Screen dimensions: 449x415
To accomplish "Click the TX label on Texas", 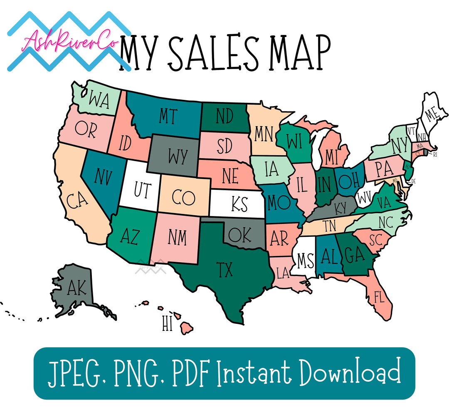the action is [x=224, y=270].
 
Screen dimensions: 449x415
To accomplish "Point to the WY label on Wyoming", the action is [x=178, y=157].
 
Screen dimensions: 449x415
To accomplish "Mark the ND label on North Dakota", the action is [x=224, y=118].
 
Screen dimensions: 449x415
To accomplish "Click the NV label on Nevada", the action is [x=101, y=177].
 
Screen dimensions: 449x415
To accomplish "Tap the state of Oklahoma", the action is [x=240, y=236].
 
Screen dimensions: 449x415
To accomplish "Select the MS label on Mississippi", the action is [x=305, y=261].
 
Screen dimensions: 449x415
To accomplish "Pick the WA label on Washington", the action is [x=99, y=100].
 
